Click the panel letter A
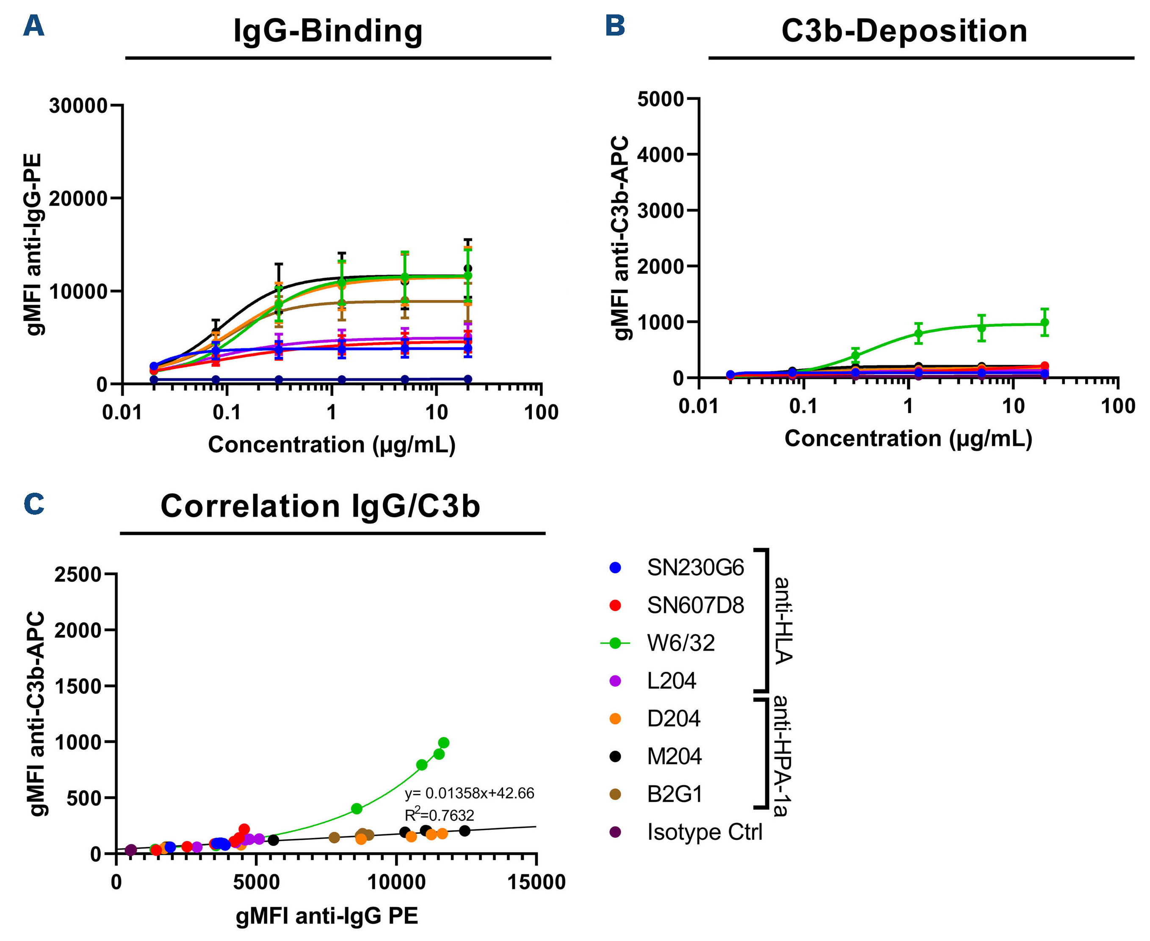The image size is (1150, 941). coord(33,25)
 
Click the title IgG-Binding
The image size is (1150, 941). coord(327,31)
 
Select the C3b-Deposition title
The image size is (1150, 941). coord(904,31)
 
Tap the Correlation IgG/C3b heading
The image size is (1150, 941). coord(320,506)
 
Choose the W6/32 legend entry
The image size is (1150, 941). coord(680,643)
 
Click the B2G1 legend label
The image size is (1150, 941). coord(675,794)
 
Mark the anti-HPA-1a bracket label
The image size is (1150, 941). coord(781,756)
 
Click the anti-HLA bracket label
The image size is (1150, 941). coord(782,620)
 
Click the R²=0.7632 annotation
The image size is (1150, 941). coord(439,815)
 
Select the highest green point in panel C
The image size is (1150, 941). coord(443,742)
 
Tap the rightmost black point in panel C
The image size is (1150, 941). coord(464,831)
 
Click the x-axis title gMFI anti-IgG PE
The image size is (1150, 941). coord(326,916)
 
